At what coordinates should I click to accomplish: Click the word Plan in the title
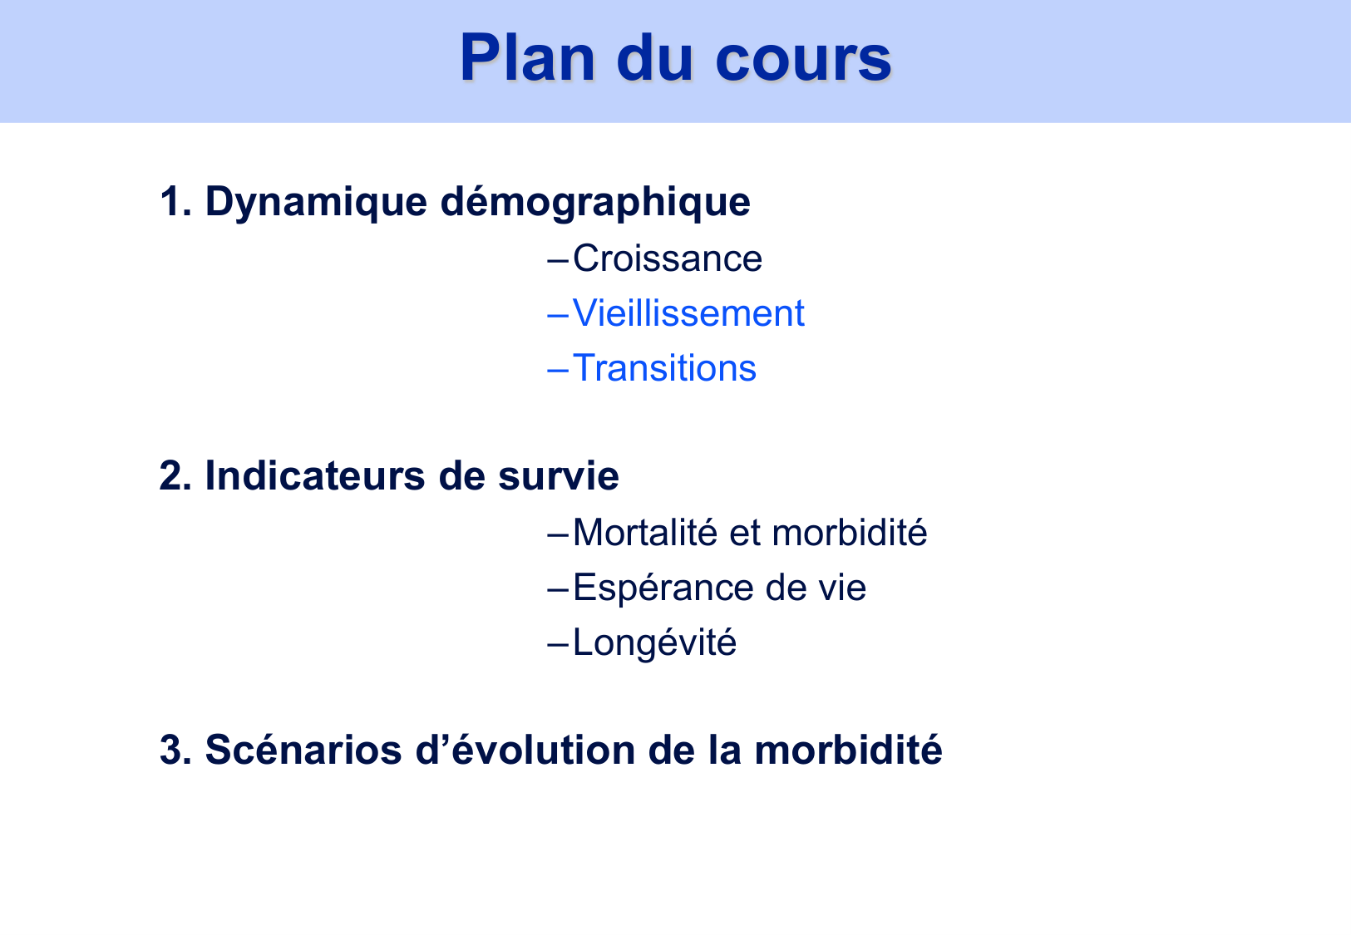click(x=529, y=58)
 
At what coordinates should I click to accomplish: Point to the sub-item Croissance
click(x=667, y=258)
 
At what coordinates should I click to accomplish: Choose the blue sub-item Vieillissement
click(x=688, y=313)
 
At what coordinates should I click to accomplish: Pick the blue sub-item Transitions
click(x=664, y=368)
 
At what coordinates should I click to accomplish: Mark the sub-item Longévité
click(x=654, y=643)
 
